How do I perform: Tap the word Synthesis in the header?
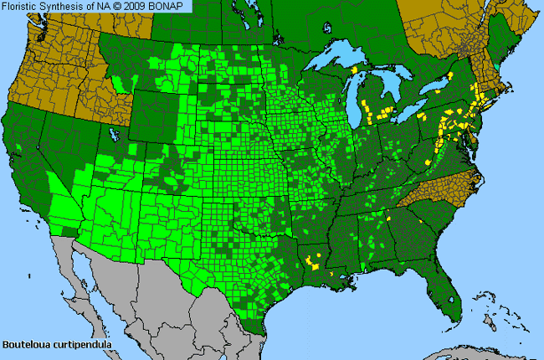69,7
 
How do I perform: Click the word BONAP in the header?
173,7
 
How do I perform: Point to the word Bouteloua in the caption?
26,344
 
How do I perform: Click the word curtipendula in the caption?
81,344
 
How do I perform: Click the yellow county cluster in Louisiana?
312,262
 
